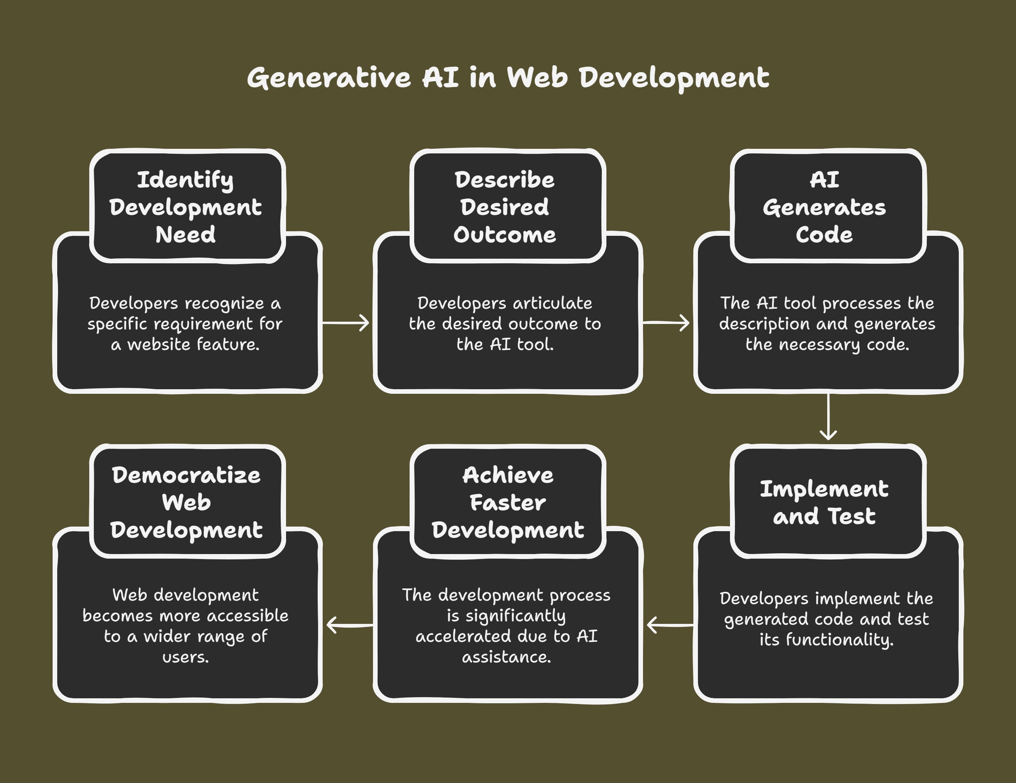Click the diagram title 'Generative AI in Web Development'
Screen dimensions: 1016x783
[x=508, y=77]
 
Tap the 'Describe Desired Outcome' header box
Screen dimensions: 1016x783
[x=508, y=206]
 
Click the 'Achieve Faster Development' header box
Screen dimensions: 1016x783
[x=508, y=501]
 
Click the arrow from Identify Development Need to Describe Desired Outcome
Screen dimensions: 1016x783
[x=346, y=322]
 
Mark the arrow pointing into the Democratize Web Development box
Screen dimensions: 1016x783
[x=350, y=625]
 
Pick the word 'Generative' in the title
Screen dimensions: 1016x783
[x=329, y=77]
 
